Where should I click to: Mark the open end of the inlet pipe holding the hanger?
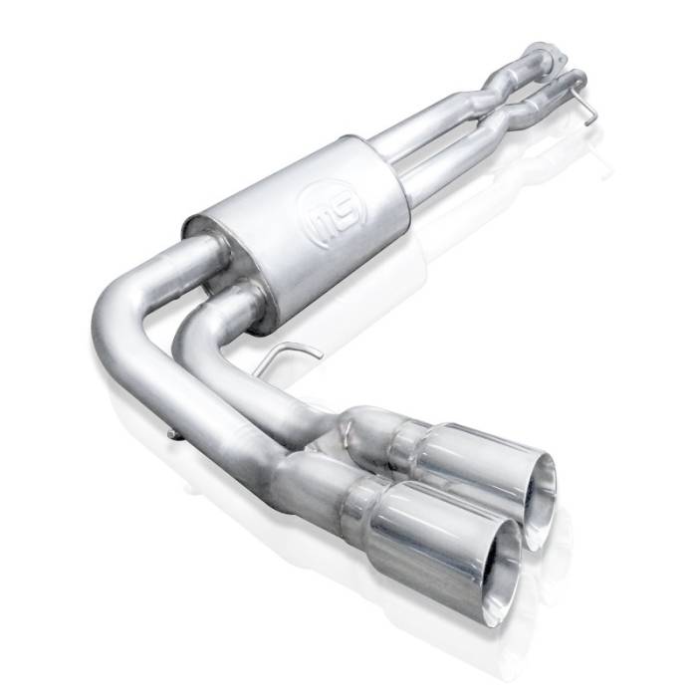(x=572, y=78)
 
